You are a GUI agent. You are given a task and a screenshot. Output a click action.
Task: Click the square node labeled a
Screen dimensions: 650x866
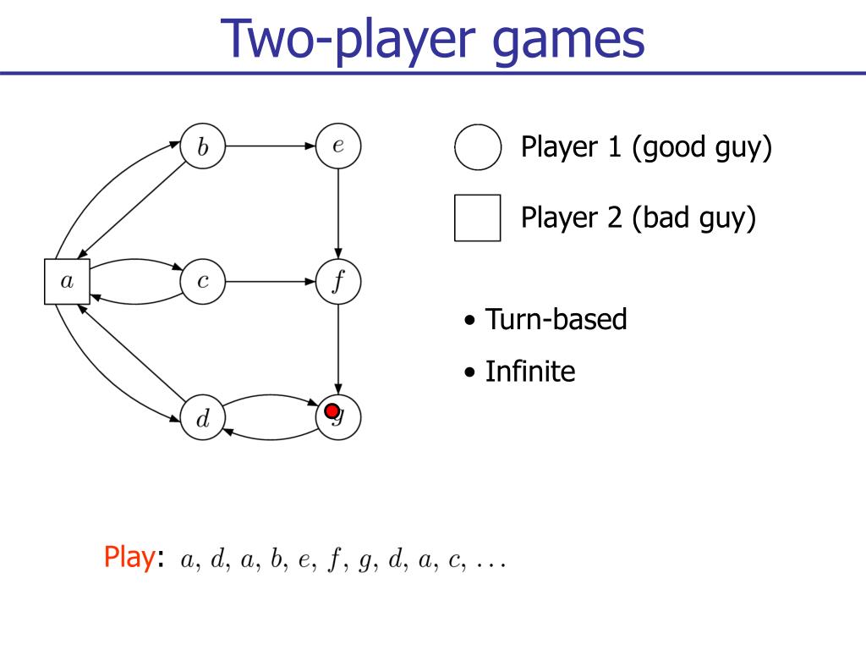pyautogui.click(x=67, y=281)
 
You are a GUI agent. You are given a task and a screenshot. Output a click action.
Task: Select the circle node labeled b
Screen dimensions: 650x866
pyautogui.click(x=203, y=146)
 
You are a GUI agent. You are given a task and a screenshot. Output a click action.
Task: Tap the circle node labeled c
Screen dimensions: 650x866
pyautogui.click(x=203, y=281)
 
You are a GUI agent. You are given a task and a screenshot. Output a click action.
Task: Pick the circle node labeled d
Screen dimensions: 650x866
pyautogui.click(x=203, y=417)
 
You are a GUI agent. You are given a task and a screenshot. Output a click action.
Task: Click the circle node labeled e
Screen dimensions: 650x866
pyautogui.click(x=338, y=146)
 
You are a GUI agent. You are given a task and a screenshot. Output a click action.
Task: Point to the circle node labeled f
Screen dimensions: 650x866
pyautogui.click(x=338, y=281)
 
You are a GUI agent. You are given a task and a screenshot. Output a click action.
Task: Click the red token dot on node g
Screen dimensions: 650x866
pyautogui.click(x=332, y=411)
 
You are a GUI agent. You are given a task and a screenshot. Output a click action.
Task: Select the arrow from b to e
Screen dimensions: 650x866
pyautogui.click(x=271, y=146)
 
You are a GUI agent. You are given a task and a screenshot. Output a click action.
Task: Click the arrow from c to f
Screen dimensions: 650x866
pyautogui.click(x=271, y=281)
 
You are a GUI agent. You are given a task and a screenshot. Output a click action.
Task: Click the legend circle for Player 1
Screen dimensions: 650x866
pyautogui.click(x=478, y=147)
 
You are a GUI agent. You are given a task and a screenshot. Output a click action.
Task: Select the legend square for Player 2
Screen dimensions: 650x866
pyautogui.click(x=477, y=218)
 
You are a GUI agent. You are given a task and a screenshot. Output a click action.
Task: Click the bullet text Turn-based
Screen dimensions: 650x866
pyautogui.click(x=556, y=320)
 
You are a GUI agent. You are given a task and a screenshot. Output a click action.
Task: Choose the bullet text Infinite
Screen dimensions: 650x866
pyautogui.click(x=529, y=371)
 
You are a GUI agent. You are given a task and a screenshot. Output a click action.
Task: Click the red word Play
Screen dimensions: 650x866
pyautogui.click(x=129, y=557)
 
